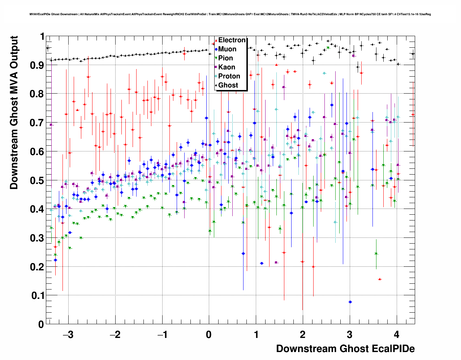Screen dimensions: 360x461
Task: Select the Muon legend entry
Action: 227,49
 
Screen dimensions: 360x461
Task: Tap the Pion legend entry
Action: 225,58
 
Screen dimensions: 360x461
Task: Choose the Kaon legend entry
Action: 227,67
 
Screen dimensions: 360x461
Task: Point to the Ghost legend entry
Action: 228,85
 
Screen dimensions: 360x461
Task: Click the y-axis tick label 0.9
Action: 37,65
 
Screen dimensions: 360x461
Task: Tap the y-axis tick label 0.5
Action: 37,180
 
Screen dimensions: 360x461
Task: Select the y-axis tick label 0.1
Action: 37,296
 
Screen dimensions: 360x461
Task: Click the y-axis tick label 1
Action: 42,37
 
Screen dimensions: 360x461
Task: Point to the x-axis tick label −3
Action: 68,335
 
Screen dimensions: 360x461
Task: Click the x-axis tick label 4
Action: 397,335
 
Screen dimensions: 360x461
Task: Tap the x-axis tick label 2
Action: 303,335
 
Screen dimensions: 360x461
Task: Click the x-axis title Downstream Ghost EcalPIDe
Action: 345,349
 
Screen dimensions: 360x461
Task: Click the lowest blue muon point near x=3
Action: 350,302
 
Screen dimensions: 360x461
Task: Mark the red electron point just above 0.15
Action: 380,279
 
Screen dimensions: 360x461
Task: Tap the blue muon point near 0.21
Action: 262,263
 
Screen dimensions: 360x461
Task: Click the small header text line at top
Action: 230,14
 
